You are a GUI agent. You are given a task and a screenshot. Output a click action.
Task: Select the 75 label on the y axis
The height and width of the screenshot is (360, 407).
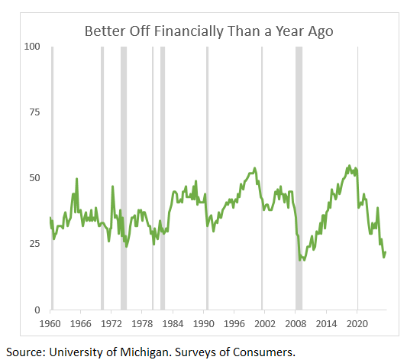pyautogui.click(x=34, y=112)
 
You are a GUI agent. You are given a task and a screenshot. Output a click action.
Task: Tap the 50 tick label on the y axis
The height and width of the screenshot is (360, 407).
pyautogui.click(x=34, y=178)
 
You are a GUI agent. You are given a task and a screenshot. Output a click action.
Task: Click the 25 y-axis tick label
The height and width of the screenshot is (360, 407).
pyautogui.click(x=34, y=244)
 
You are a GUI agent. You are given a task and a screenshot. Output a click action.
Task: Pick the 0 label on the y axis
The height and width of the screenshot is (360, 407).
pyautogui.click(x=37, y=310)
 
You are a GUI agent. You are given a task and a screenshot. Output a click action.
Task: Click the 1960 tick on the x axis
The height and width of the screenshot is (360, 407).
pyautogui.click(x=50, y=323)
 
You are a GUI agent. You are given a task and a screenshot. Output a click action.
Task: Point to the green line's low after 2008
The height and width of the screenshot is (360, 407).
pyautogui.click(x=302, y=260)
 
